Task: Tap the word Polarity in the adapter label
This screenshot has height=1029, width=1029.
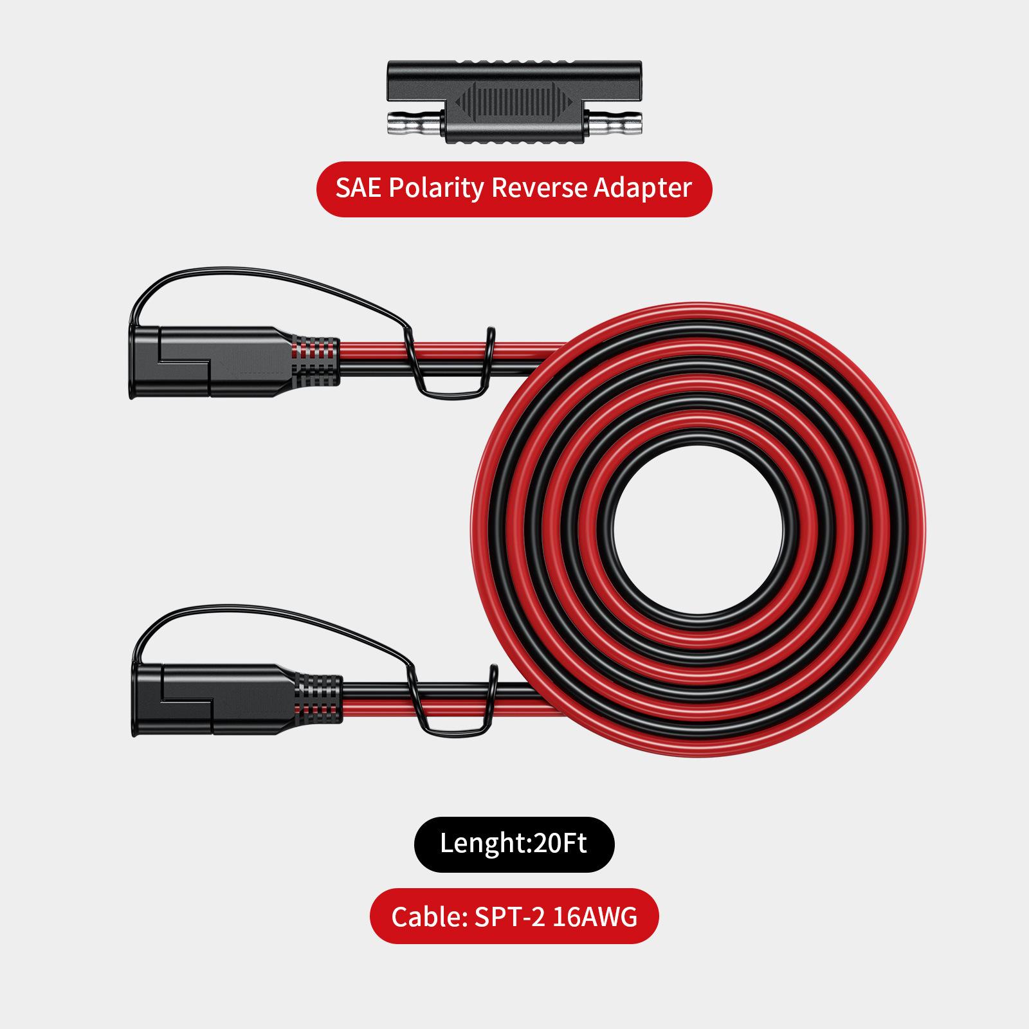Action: (436, 188)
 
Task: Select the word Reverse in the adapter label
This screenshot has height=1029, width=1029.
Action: (539, 188)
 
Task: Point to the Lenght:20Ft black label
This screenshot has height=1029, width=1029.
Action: (514, 844)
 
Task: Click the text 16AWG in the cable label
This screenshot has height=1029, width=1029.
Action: (595, 916)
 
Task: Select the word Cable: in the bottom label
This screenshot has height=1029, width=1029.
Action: (429, 916)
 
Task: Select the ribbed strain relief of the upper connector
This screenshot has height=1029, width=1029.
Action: (315, 361)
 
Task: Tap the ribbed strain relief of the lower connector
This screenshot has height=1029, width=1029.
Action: (318, 699)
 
